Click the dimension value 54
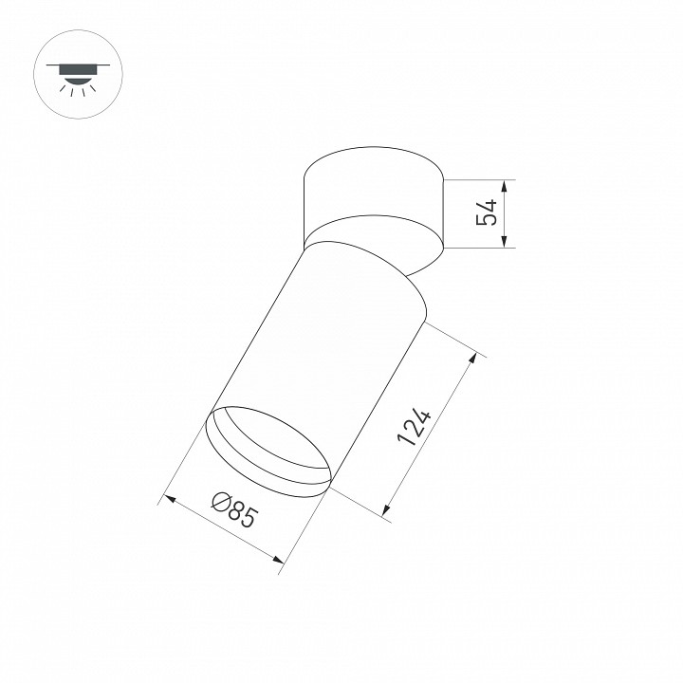[x=486, y=213]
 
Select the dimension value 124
[x=415, y=428]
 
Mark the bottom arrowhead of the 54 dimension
[x=505, y=243]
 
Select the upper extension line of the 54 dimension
[x=479, y=179]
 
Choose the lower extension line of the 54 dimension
[x=479, y=249]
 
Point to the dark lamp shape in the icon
[x=72, y=70]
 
